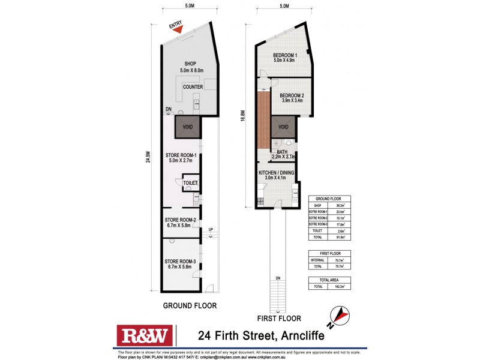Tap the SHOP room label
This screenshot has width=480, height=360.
(191, 64)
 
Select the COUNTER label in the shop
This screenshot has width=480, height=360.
(193, 87)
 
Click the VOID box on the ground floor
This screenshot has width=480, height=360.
(187, 127)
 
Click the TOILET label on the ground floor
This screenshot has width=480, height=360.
(191, 182)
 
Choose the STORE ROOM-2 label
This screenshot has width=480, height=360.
(181, 220)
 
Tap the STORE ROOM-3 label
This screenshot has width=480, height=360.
(181, 262)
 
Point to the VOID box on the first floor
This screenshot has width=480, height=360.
(283, 127)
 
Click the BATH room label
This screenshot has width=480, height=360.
(282, 152)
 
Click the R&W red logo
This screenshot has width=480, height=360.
(145, 335)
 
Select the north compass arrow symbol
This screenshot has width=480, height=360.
(341, 314)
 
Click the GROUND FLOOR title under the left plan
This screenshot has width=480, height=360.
(190, 305)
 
